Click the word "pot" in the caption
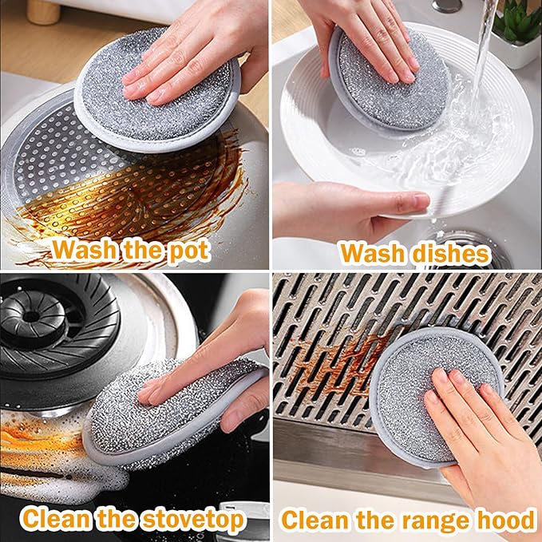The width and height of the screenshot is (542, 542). [x=189, y=251]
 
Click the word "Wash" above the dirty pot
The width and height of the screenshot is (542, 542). [x=84, y=251]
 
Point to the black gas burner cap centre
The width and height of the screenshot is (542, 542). [x=32, y=316]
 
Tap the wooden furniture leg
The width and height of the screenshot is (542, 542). [x=44, y=13]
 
